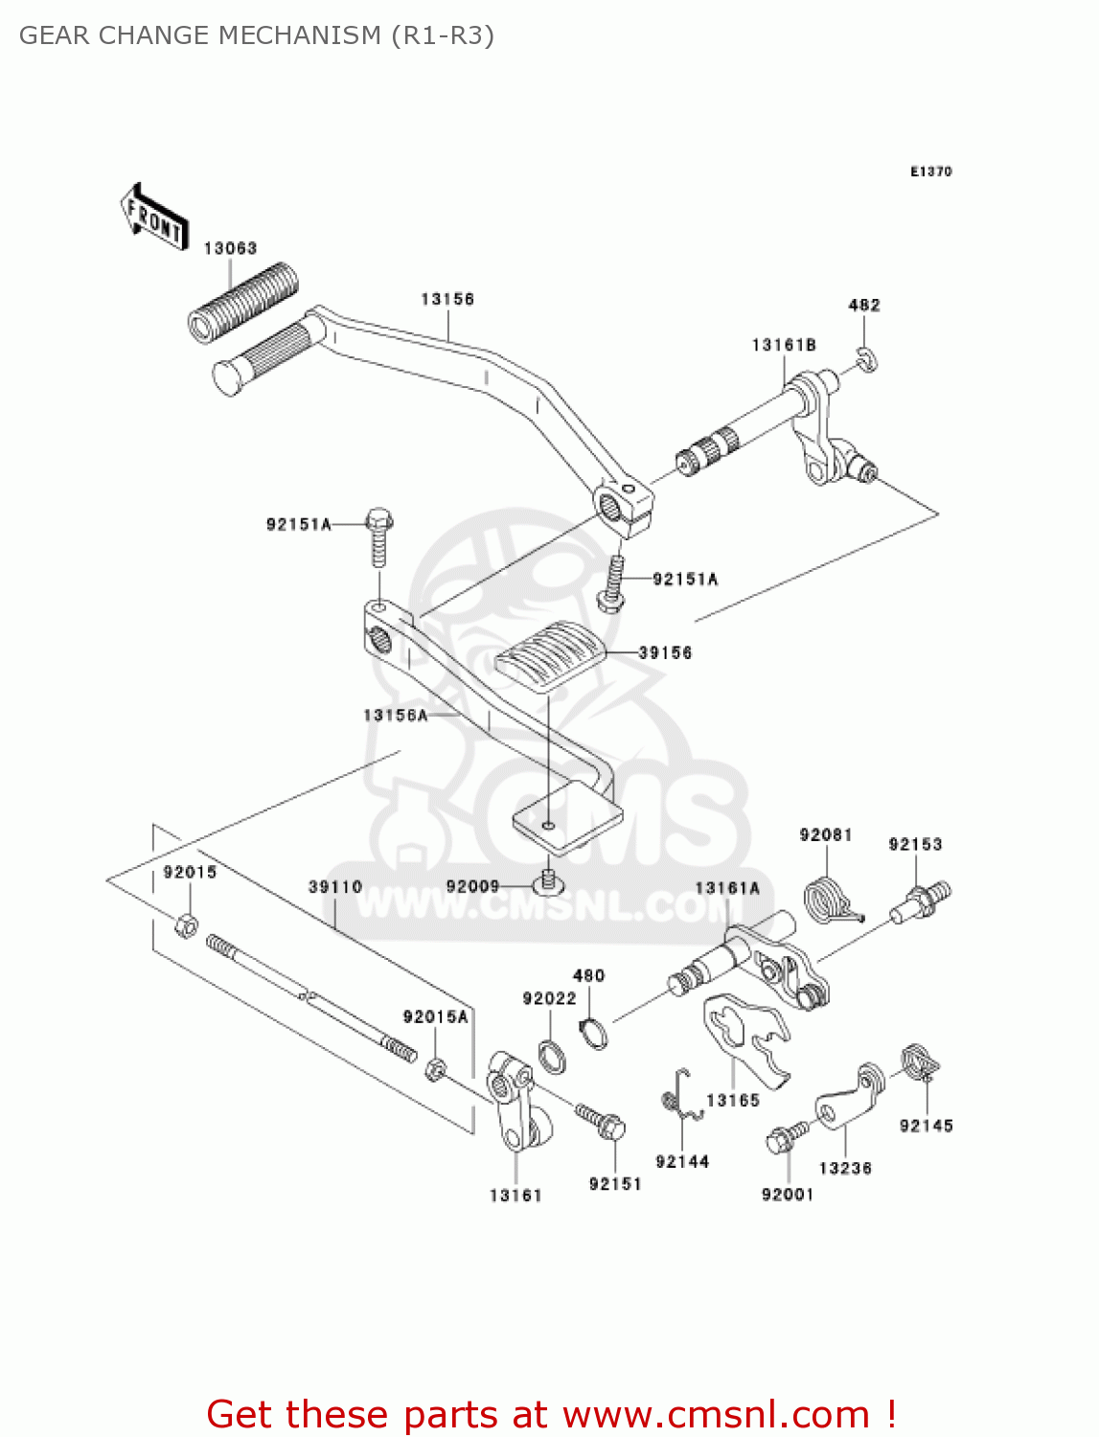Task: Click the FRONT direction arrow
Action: point(153,217)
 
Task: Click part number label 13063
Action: point(230,248)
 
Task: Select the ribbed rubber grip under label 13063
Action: point(242,301)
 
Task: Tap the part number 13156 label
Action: point(447,299)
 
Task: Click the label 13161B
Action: point(784,345)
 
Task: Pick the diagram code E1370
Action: point(930,171)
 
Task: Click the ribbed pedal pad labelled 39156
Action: point(549,655)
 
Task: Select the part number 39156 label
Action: point(665,652)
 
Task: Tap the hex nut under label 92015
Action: point(187,925)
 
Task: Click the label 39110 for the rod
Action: point(335,886)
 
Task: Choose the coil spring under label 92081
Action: point(827,901)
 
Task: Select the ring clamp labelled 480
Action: point(594,1034)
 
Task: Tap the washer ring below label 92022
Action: point(551,1056)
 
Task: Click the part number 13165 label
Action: point(733,1101)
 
